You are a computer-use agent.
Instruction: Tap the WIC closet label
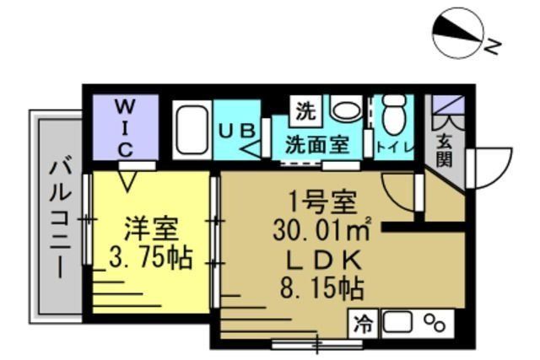(124, 127)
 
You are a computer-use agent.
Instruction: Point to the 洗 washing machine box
(305, 110)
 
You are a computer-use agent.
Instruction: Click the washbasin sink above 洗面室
(344, 110)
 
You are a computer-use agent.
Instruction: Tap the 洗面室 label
(316, 143)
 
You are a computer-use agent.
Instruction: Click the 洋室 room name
(150, 228)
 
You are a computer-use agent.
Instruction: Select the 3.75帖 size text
(150, 257)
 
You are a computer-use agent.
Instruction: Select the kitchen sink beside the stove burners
(399, 322)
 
